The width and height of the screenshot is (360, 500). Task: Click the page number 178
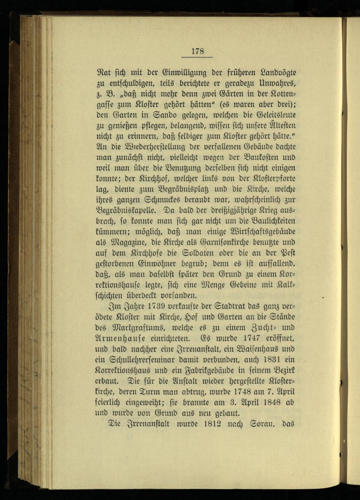[198, 51]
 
